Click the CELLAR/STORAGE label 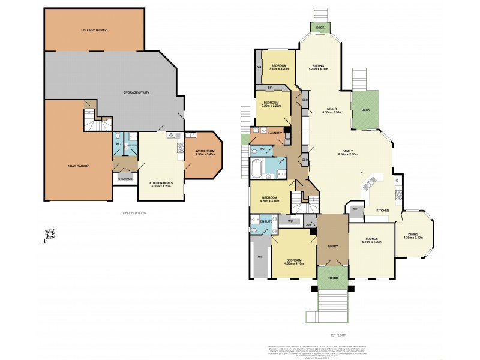pos(94,29)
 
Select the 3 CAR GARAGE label pos(79,165)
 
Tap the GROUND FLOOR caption pos(134,212)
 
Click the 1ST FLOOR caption pos(338,335)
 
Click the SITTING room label pos(319,66)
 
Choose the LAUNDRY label pos(268,133)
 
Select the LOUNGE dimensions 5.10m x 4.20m pos(371,242)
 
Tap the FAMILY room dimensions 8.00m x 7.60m pos(347,154)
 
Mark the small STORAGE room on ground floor pos(125,178)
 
